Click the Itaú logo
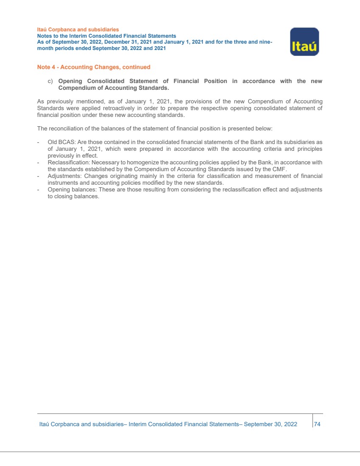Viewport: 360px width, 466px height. (304, 42)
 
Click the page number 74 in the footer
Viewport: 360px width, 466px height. (317, 424)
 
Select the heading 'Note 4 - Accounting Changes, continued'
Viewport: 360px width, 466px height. (94, 67)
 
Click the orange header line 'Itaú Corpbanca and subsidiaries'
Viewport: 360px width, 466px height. (78, 30)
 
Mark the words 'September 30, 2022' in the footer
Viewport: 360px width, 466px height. (271, 424)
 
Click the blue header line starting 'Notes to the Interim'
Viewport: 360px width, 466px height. (106, 36)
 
